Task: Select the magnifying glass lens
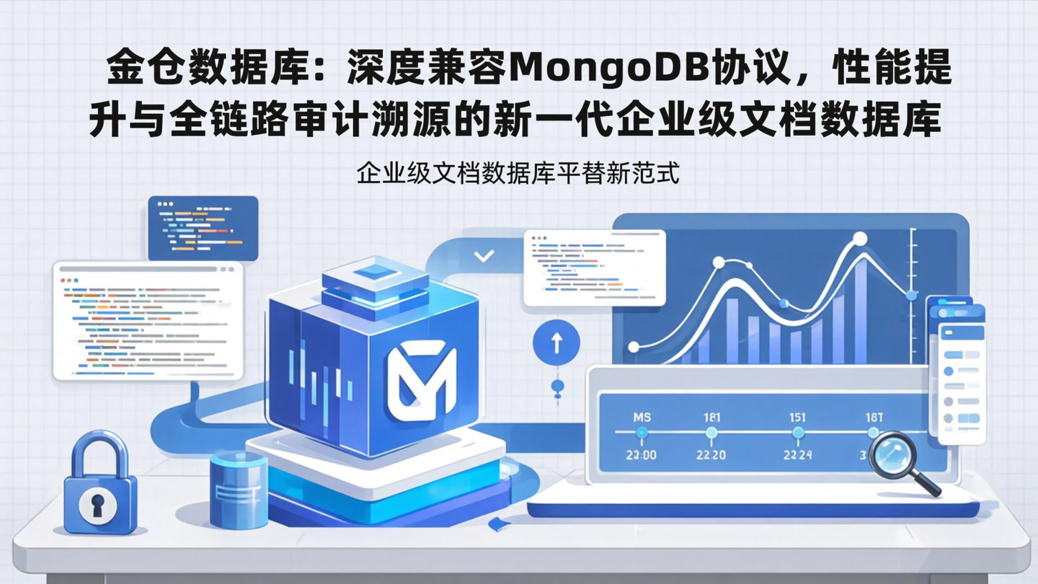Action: [891, 452]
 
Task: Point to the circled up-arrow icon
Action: [556, 342]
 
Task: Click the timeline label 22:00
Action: [640, 455]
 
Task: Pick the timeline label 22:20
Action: [710, 455]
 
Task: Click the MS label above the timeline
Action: [642, 417]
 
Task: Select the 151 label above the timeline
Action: [797, 417]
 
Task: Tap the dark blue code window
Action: [203, 228]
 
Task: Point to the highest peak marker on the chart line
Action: [859, 239]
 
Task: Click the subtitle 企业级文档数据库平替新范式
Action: [518, 174]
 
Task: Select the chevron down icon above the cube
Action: [484, 256]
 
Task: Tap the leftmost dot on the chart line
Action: [634, 347]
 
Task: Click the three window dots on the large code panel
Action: [69, 279]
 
